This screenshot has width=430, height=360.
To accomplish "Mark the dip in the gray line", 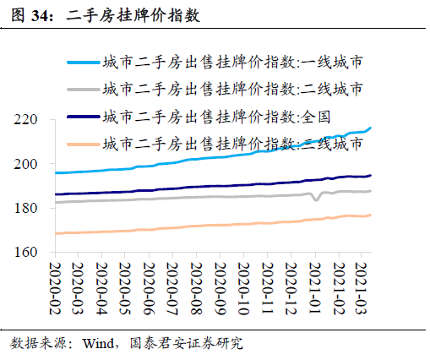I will (315, 199).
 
